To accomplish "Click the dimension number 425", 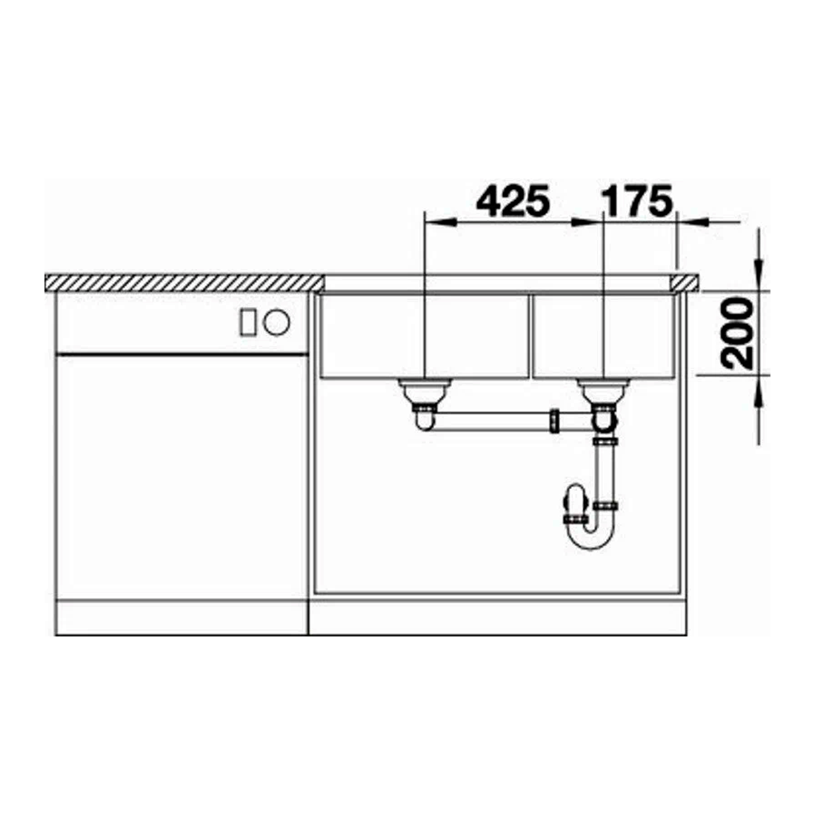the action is pos(513,201).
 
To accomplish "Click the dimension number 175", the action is pos(636,201).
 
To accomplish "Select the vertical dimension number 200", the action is pos(737,333).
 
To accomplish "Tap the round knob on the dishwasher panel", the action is pos(276,322).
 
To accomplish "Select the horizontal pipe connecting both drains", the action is pos(491,421).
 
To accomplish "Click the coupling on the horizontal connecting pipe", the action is pos(555,421).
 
